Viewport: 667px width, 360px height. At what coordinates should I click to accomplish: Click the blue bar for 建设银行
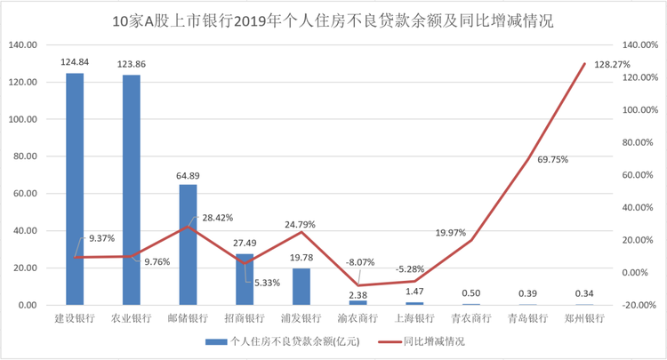(x=75, y=189)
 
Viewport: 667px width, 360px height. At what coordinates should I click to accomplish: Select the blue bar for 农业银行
(x=132, y=190)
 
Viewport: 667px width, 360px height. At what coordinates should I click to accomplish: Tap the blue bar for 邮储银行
(x=188, y=244)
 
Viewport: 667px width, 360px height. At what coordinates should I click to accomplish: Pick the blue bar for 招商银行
(x=245, y=280)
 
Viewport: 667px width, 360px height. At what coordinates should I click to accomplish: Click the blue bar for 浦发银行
(x=301, y=287)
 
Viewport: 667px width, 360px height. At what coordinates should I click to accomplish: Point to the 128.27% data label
(x=612, y=65)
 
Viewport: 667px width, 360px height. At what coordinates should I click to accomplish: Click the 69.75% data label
(x=552, y=160)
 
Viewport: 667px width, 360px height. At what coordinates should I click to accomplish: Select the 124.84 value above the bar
(x=75, y=62)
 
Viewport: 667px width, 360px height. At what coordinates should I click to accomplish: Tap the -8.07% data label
(x=360, y=262)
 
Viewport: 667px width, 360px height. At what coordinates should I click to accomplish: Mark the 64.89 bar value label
(x=188, y=175)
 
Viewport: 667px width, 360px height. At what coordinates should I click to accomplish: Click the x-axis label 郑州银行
(x=584, y=318)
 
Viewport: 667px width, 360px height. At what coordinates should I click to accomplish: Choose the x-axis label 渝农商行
(x=358, y=318)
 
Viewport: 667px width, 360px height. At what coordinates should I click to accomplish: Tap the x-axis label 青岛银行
(x=528, y=318)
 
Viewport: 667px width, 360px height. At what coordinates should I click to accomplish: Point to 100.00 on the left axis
(x=23, y=119)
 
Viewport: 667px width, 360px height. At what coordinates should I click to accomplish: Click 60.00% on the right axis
(x=638, y=175)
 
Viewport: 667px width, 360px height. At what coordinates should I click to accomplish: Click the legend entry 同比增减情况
(x=434, y=341)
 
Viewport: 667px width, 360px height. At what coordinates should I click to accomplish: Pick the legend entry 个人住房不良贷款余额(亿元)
(x=294, y=341)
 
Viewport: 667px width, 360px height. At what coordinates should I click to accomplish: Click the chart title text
(x=333, y=20)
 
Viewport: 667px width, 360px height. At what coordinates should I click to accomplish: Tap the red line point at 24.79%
(x=301, y=232)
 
